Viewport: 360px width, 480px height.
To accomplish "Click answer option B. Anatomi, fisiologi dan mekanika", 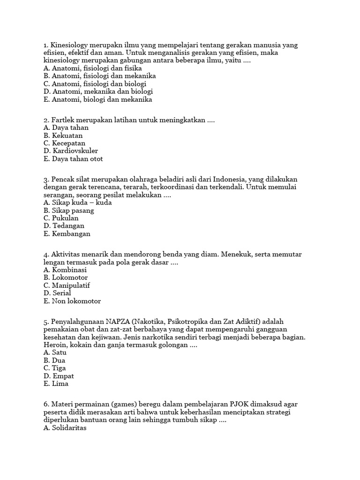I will (x=99, y=75).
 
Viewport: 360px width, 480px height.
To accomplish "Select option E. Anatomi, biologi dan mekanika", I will (x=97, y=99).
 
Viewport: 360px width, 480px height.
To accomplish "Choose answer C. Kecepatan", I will (x=64, y=143).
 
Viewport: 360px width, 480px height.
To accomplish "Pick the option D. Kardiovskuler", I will (x=70, y=151).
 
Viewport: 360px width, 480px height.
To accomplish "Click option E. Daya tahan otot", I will (x=73, y=159).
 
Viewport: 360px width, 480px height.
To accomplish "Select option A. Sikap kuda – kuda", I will (x=77, y=202).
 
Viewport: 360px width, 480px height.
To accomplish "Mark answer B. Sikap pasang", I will (x=68, y=210).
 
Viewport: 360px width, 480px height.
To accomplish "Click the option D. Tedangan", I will (x=64, y=226).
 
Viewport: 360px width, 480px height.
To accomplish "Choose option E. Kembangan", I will (x=67, y=234).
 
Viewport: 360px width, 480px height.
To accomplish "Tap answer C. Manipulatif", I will (x=67, y=285).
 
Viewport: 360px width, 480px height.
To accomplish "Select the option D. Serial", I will (x=57, y=293).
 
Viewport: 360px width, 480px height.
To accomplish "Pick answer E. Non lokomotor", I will (x=72, y=301).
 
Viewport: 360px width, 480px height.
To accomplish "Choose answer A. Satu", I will (x=55, y=352).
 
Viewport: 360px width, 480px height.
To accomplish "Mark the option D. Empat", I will (x=59, y=376).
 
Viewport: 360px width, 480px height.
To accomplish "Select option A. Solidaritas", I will (x=65, y=427).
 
